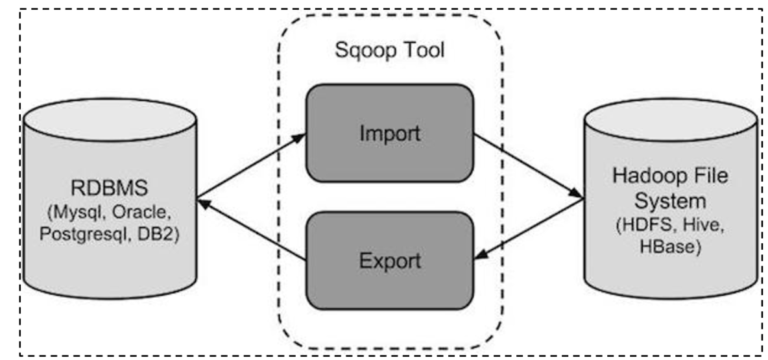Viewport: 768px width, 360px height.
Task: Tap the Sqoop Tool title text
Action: (390, 50)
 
